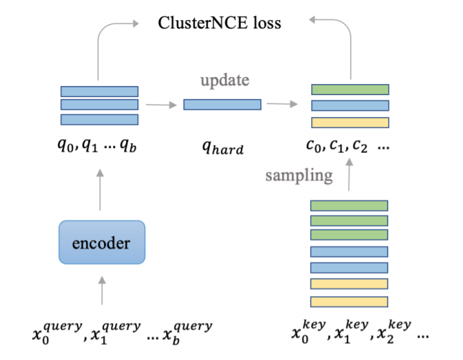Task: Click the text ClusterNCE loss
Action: (x=220, y=24)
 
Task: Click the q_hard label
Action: (x=222, y=148)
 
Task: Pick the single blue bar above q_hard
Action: (x=222, y=104)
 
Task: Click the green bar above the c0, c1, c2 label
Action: (x=350, y=90)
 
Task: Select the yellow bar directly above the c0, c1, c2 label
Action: (x=350, y=122)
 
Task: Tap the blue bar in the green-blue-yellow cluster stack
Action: (x=350, y=106)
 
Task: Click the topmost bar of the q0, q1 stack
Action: (x=99, y=91)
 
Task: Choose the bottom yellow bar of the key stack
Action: (x=349, y=301)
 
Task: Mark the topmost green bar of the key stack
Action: (x=349, y=206)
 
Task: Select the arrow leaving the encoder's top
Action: (x=101, y=188)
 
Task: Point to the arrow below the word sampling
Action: (x=349, y=175)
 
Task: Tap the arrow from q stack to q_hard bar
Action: (x=160, y=103)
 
